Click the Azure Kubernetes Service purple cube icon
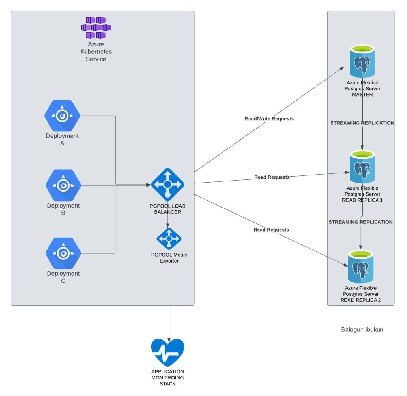[x=96, y=27]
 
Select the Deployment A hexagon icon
[x=62, y=116]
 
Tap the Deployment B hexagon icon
[x=63, y=185]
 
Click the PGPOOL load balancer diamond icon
[x=167, y=184]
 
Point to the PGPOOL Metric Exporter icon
[x=169, y=239]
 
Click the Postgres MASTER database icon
[x=362, y=62]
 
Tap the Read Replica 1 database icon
[x=362, y=168]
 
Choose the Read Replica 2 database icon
[x=361, y=267]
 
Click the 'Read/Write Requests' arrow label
[x=269, y=119]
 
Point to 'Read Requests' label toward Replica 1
[x=272, y=177]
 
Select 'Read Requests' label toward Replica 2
[x=271, y=230]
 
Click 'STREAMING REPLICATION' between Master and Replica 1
[x=362, y=123]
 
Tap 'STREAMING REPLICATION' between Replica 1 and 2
[x=361, y=222]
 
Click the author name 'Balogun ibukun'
[x=362, y=329]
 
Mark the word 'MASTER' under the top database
[x=362, y=95]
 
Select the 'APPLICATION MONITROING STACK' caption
[x=167, y=377]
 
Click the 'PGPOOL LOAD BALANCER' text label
[x=168, y=209]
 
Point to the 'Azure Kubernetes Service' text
[x=96, y=52]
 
